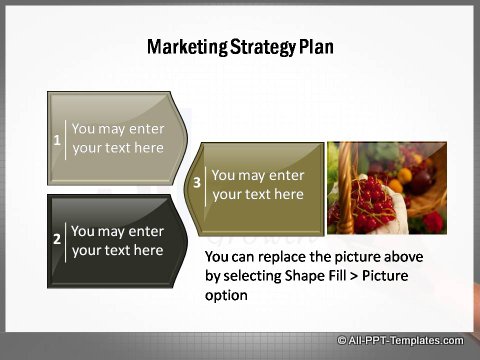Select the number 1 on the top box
pyautogui.click(x=57, y=139)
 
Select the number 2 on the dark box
pyautogui.click(x=57, y=240)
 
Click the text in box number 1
pyautogui.click(x=117, y=138)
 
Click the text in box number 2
pyautogui.click(x=117, y=240)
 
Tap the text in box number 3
pyautogui.click(x=257, y=185)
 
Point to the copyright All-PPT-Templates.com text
pyautogui.click(x=401, y=340)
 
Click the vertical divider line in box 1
pyautogui.click(x=66, y=139)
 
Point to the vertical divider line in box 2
pyautogui.click(x=66, y=240)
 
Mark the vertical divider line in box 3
pyautogui.click(x=206, y=185)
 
